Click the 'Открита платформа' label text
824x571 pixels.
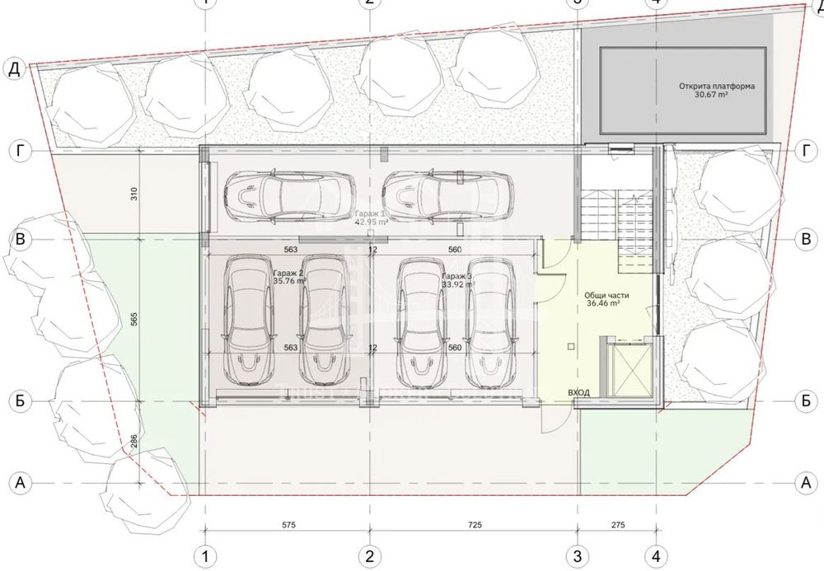click(717, 86)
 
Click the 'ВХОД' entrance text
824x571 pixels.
click(578, 392)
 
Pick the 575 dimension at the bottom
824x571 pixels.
click(287, 525)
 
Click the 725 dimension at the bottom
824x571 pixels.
click(475, 525)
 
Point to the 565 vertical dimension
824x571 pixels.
click(134, 318)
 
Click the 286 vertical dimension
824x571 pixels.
click(134, 442)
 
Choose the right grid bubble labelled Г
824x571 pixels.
click(805, 150)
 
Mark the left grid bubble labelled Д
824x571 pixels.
click(14, 68)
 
